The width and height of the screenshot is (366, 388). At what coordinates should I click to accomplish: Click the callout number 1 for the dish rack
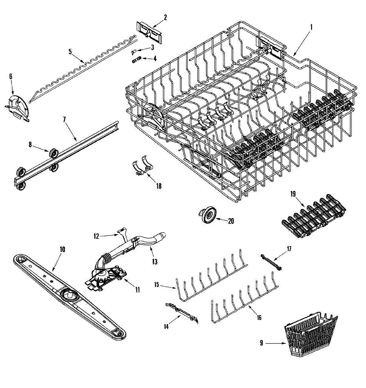(x=311, y=27)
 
